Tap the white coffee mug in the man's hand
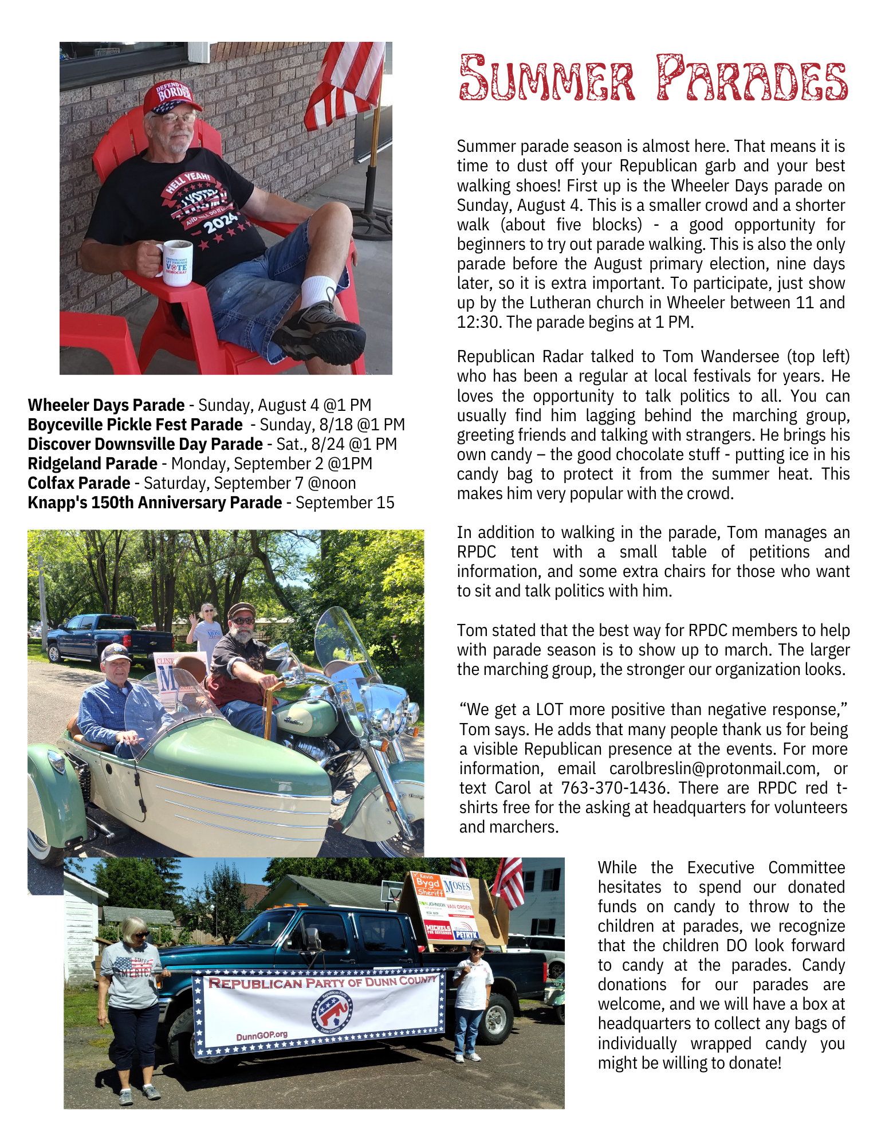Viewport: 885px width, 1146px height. pos(176,263)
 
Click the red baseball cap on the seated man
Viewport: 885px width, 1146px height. pos(171,97)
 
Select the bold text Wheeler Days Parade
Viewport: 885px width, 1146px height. pos(106,405)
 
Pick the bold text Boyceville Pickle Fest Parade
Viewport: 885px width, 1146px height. pos(135,425)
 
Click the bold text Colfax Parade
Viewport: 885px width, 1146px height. pos(79,483)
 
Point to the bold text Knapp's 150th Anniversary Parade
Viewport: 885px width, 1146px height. pos(155,503)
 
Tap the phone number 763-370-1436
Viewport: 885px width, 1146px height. pos(614,788)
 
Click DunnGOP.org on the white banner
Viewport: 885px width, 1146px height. pos(262,1035)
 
